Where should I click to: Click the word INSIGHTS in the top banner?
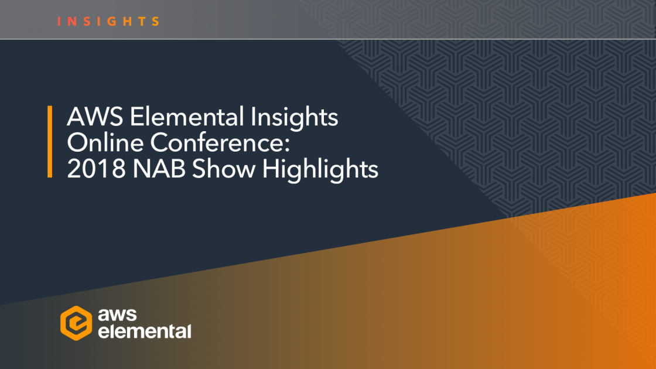click(x=109, y=22)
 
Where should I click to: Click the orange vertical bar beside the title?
click(x=50, y=142)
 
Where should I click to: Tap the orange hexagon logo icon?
click(x=76, y=322)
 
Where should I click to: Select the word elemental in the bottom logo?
click(x=144, y=332)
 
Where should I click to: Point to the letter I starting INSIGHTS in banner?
click(x=60, y=22)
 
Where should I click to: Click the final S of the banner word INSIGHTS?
click(x=156, y=22)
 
